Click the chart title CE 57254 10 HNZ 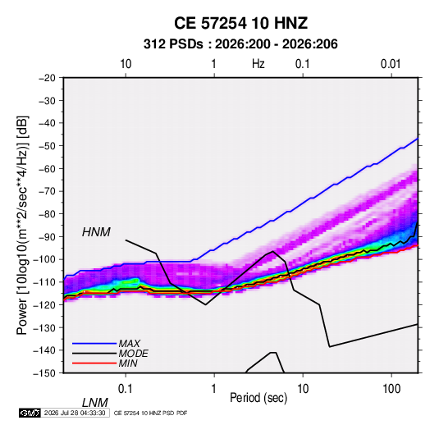[240, 23]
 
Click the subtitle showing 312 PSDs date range [240, 44]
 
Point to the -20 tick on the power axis [47, 78]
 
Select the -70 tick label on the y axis [47, 191]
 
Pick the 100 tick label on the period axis [391, 389]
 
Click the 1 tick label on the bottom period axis [214, 389]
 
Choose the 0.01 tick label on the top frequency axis [391, 64]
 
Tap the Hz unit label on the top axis [258, 64]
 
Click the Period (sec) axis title [258, 398]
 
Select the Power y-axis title [22, 226]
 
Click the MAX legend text [130, 343]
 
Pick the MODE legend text [133, 354]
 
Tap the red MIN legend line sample [94, 363]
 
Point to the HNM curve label [96, 232]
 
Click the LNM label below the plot [95, 403]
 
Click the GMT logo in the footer [30, 413]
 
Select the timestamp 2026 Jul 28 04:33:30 [75, 413]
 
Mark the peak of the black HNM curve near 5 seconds [272, 251]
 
